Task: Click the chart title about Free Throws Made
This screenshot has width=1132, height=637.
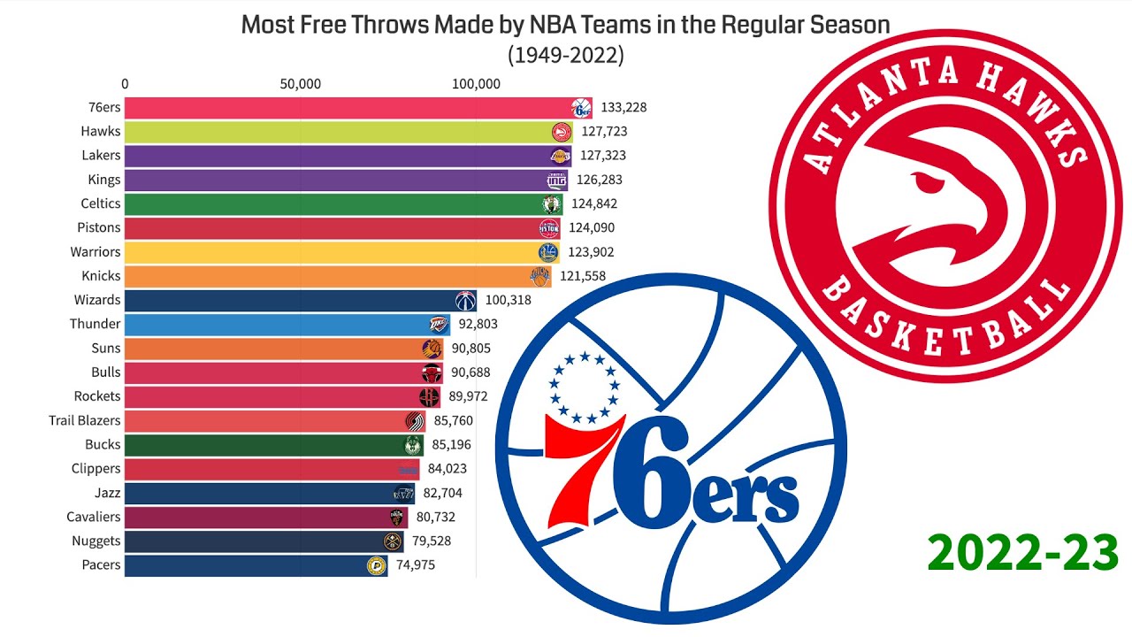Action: coord(565,25)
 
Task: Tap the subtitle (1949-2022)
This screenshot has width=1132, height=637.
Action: coord(565,55)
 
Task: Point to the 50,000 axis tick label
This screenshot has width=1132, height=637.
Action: coord(300,84)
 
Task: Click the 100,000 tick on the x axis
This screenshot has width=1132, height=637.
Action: coord(477,84)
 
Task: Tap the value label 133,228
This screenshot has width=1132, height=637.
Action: coord(623,108)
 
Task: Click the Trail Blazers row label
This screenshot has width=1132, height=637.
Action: coord(85,420)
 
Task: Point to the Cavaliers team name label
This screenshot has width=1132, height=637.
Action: coord(94,517)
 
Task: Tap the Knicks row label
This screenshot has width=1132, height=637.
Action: coord(101,276)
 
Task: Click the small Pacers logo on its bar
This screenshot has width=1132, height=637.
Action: coord(377,565)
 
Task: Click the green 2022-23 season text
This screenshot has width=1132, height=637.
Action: coord(1023,554)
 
